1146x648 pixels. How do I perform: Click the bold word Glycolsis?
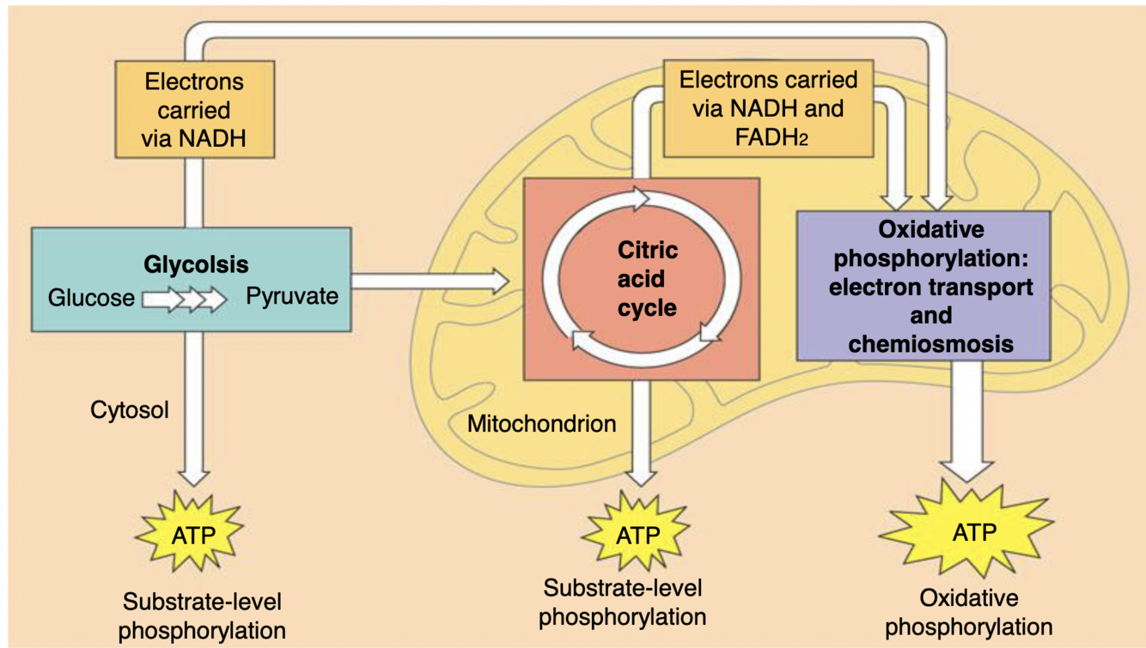point(196,265)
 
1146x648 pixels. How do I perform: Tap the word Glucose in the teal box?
point(91,298)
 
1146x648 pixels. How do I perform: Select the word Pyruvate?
point(292,296)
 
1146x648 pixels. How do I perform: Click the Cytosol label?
point(130,410)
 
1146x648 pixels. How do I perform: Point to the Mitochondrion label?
point(542,424)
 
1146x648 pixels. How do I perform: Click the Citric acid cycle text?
point(648,279)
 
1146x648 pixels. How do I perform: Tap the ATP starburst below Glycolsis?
point(190,532)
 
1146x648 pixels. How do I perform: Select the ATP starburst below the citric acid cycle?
point(637,531)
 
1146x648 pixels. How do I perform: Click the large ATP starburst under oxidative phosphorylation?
point(967,531)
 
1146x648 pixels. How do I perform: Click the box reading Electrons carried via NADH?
point(195,109)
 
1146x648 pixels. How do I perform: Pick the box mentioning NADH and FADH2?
point(768,108)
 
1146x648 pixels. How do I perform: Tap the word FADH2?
point(771,138)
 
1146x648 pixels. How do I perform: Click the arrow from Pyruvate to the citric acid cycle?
point(430,281)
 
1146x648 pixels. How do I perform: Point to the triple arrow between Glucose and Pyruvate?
point(184,300)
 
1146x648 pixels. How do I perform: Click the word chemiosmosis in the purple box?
point(930,344)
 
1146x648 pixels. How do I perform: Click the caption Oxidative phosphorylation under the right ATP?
point(968,613)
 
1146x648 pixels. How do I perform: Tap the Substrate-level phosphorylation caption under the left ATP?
point(202,615)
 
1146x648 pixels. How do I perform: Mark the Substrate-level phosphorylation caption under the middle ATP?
point(623,602)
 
